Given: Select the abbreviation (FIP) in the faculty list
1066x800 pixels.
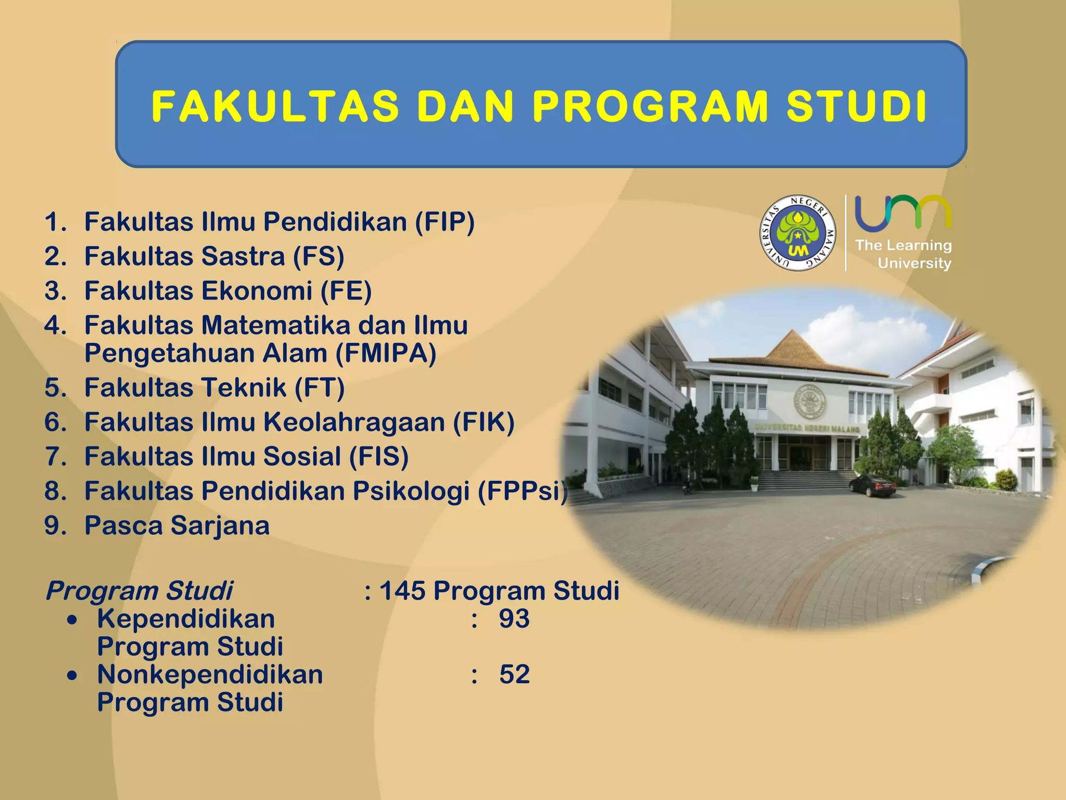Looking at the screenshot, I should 445,222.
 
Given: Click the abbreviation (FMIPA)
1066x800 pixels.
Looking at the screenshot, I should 386,354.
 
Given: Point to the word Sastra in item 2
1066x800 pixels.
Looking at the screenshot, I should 243,256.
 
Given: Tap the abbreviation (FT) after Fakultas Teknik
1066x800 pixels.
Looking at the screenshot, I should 320,388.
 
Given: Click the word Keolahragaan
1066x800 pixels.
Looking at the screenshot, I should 354,422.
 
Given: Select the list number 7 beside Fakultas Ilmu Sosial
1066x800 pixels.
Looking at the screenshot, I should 55,457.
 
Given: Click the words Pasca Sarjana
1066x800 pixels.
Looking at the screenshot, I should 177,526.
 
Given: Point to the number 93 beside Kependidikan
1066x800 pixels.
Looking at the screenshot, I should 514,619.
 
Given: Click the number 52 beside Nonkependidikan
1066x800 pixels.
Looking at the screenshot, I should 514,674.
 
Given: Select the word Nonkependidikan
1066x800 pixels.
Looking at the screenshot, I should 210,674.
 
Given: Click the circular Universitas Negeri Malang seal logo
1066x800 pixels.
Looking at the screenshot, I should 797,233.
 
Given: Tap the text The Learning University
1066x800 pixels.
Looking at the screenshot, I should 904,254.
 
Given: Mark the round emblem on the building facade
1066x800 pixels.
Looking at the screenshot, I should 809,401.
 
